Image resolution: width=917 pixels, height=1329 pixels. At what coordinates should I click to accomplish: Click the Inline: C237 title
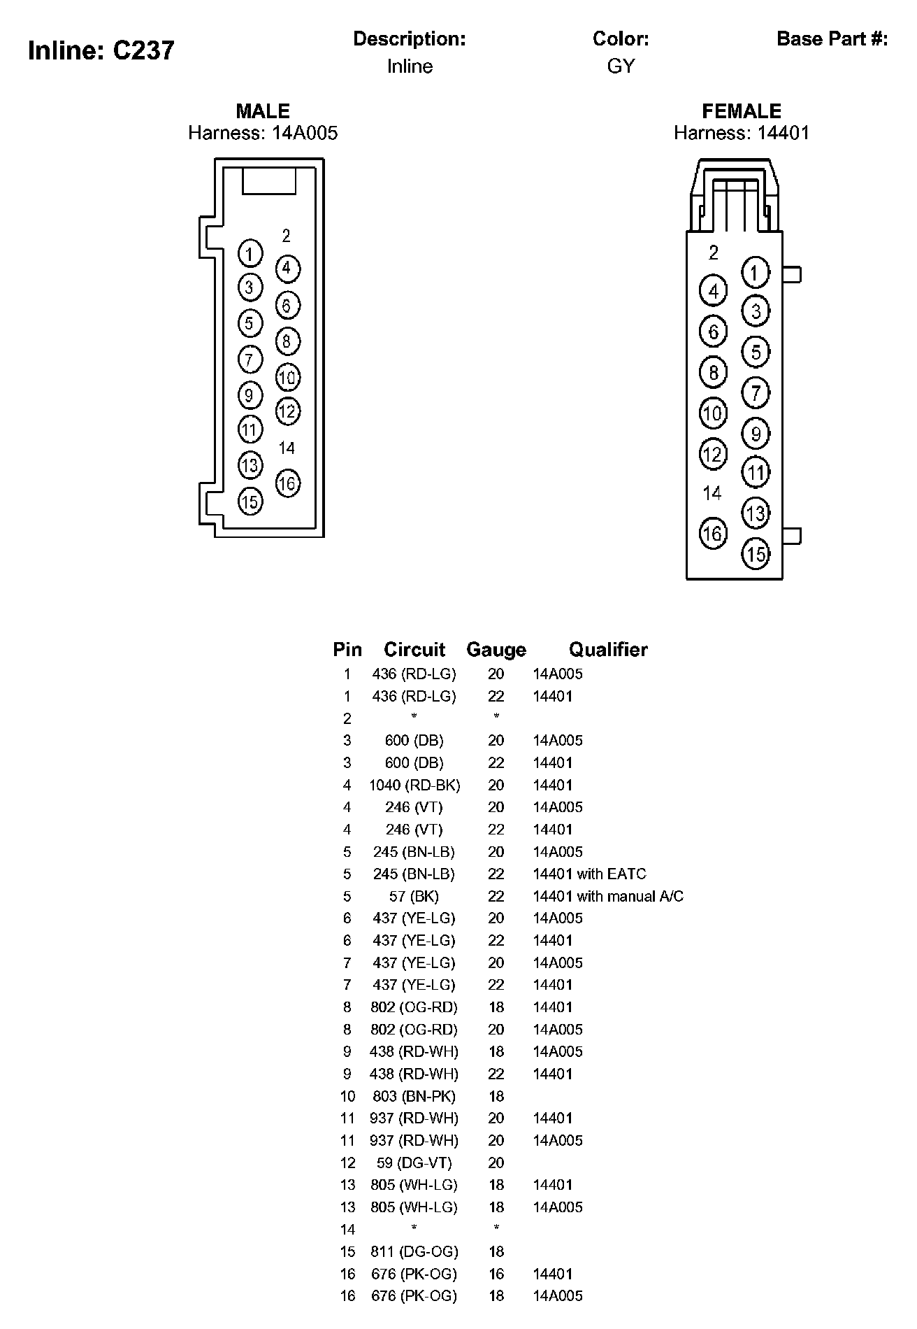click(101, 50)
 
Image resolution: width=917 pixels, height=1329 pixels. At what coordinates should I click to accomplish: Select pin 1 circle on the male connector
click(250, 253)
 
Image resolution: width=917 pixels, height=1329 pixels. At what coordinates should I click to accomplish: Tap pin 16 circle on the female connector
click(712, 534)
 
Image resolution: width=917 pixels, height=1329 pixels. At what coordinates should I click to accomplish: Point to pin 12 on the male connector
click(287, 411)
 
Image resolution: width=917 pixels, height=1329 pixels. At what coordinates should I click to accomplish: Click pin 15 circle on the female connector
click(756, 555)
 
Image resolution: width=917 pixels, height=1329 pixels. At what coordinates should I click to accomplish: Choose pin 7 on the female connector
click(756, 392)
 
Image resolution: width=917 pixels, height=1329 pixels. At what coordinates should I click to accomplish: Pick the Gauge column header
click(496, 650)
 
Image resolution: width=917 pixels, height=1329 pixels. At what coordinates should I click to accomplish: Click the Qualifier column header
click(608, 650)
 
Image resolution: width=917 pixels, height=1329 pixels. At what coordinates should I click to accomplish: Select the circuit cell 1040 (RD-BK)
click(414, 785)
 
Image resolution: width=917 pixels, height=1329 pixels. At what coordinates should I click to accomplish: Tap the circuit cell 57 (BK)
click(414, 896)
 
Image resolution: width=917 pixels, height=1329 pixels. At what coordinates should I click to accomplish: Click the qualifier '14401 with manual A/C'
click(608, 896)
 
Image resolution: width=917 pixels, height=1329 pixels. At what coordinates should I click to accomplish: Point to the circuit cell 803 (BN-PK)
click(414, 1096)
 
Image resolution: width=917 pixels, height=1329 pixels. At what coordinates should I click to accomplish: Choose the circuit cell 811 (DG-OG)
click(414, 1251)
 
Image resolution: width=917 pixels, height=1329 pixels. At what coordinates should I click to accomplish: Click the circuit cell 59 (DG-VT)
click(414, 1163)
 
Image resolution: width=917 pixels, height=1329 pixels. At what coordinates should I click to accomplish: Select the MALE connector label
click(263, 111)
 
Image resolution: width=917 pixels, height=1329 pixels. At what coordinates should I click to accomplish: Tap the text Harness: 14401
click(741, 133)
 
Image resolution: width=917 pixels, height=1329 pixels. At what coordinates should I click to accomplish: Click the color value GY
click(621, 66)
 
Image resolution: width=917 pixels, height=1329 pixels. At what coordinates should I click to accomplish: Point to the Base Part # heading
click(832, 39)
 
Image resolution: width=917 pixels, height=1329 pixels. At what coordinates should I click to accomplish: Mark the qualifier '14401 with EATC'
click(589, 874)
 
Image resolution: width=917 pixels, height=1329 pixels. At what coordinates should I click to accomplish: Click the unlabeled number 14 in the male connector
click(287, 448)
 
